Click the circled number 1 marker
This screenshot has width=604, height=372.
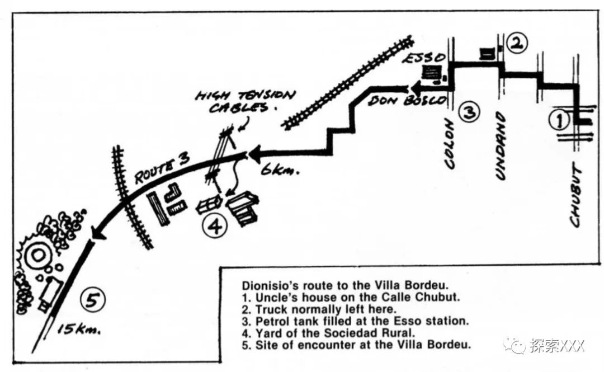(x=561, y=119)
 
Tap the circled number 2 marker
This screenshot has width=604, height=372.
(x=515, y=43)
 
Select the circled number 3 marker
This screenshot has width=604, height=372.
(x=469, y=112)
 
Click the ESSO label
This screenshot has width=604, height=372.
(x=426, y=58)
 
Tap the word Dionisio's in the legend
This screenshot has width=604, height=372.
(x=263, y=285)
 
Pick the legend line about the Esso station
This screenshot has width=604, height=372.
(x=351, y=321)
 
